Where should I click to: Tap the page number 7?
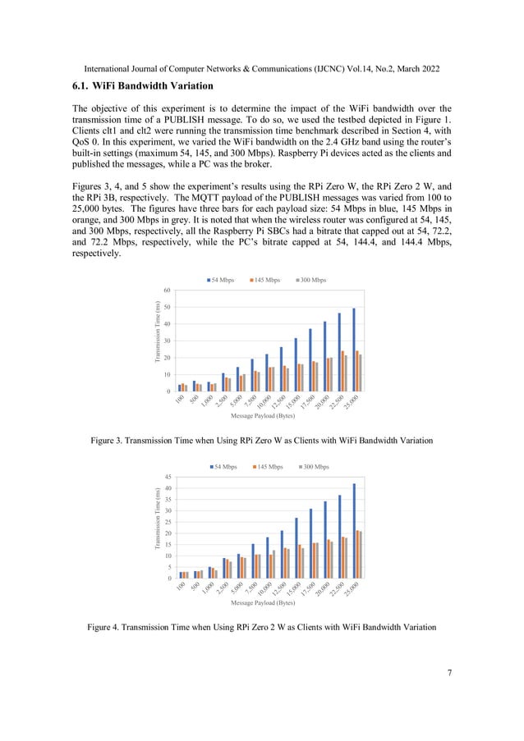pyautogui.click(x=449, y=674)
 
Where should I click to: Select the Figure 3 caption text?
pyautogui.click(x=261, y=442)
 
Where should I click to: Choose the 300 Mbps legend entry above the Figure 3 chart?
pyautogui.click(x=313, y=281)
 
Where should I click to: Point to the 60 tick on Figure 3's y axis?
pyautogui.click(x=167, y=290)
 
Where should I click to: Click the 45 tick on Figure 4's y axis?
pyautogui.click(x=167, y=477)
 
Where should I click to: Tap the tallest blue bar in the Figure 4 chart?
pyautogui.click(x=355, y=531)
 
